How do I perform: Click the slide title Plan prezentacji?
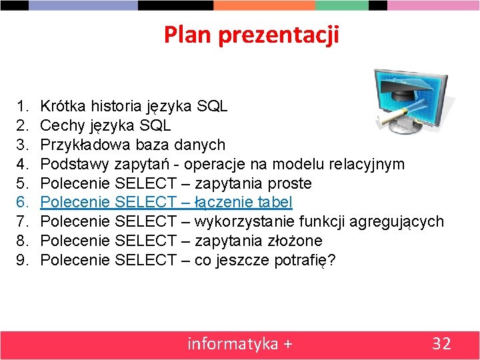(x=251, y=34)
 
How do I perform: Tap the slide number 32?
(x=441, y=343)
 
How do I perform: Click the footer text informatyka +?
(x=239, y=343)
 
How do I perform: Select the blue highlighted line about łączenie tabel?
(x=166, y=202)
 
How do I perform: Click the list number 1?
(x=23, y=105)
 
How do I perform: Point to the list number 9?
(x=23, y=260)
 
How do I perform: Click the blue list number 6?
(x=23, y=202)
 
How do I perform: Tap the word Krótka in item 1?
(x=63, y=105)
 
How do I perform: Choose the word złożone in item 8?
(x=296, y=241)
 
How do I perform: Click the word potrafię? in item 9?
(x=305, y=260)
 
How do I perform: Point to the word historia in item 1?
(x=115, y=105)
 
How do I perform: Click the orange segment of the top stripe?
(x=264, y=5)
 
